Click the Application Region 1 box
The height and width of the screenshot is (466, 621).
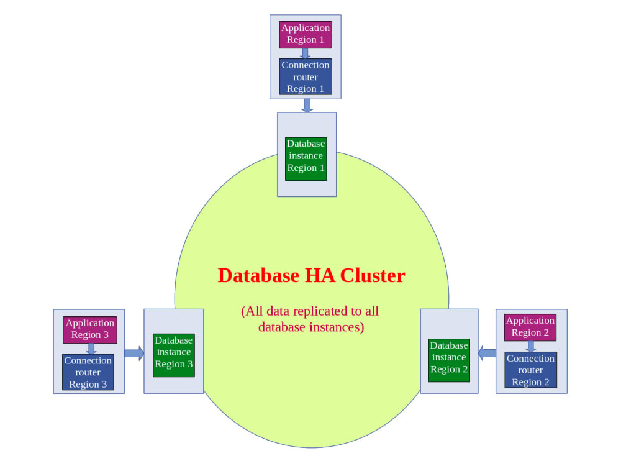coord(306,34)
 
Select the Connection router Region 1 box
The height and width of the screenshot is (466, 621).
coord(306,76)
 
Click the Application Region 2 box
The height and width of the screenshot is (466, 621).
coord(530,327)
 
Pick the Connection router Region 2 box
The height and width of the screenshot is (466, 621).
coord(530,370)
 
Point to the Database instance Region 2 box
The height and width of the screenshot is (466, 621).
coord(449,357)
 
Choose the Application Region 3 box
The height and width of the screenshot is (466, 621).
coord(90,329)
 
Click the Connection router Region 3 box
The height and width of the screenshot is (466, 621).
coord(88,372)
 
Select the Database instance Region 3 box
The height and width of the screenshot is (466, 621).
coord(174,352)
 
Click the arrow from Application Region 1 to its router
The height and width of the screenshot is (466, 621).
coord(305,53)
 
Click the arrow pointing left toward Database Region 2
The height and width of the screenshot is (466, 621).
coord(487,354)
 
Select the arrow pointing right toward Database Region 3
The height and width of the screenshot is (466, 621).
coord(134,354)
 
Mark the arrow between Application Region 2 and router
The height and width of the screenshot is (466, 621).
coord(531,346)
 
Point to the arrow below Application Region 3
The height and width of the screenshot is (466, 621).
coord(91,349)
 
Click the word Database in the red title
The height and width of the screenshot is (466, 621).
coord(258,275)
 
